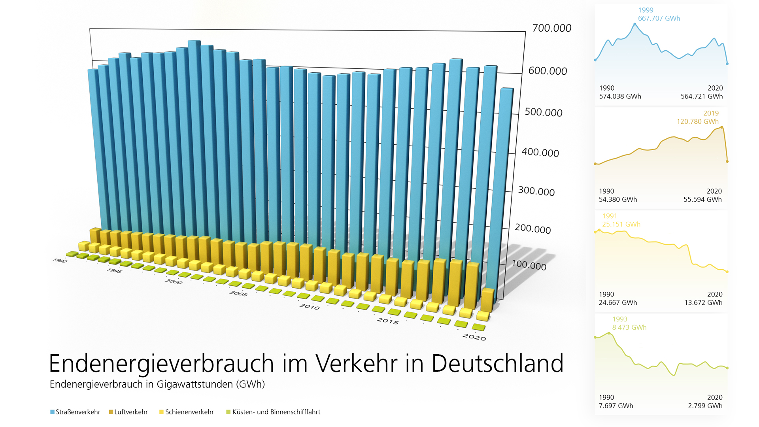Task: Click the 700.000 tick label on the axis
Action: (x=551, y=28)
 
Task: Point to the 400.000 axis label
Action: (x=540, y=152)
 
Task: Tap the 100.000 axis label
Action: (x=529, y=265)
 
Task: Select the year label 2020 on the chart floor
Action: (x=474, y=337)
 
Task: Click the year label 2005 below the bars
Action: (x=238, y=293)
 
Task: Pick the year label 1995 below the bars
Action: (x=114, y=270)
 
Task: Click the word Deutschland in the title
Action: (x=497, y=363)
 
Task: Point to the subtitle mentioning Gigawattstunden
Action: (x=157, y=384)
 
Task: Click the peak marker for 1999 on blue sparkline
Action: (x=635, y=25)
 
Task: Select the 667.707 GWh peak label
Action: (x=659, y=19)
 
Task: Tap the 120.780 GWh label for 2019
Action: (x=697, y=122)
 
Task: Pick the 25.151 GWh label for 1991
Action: (x=621, y=225)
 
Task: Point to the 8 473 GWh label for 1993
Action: (x=629, y=328)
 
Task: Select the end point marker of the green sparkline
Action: (x=727, y=368)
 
